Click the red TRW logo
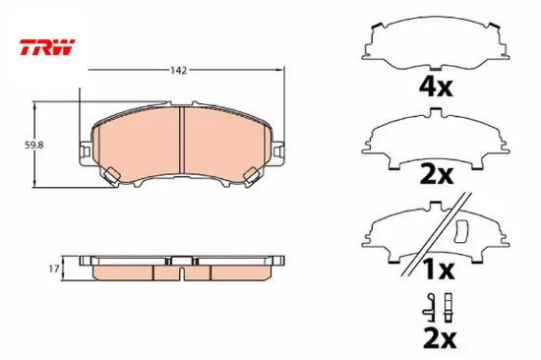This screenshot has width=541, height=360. tap(47, 47)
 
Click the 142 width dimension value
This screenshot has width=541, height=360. tap(178, 70)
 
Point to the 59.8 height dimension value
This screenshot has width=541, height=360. tap(33, 146)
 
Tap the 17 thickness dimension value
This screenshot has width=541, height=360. tap(54, 269)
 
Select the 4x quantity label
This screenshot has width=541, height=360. tap(435, 87)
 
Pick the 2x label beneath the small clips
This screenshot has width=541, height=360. tap(440, 341)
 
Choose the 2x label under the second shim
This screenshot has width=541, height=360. tap(436, 175)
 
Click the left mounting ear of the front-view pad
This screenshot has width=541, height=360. tap(86, 150)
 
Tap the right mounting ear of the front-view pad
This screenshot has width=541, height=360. tap(278, 150)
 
